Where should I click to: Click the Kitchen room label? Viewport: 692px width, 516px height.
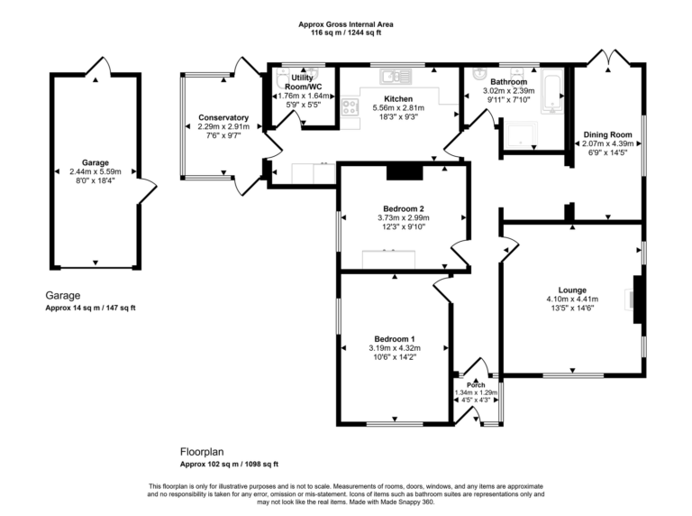398,98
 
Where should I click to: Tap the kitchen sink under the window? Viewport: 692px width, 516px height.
395,77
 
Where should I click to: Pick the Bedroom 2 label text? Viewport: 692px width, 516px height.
402,207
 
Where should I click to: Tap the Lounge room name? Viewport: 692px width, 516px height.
572,290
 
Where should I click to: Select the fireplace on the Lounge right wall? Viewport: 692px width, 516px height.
638,300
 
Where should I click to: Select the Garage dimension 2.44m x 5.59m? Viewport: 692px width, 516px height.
96,171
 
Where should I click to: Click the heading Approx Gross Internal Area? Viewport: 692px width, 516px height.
346,23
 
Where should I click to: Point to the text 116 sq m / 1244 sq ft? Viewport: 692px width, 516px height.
346,32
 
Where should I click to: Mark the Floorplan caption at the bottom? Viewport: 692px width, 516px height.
201,452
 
